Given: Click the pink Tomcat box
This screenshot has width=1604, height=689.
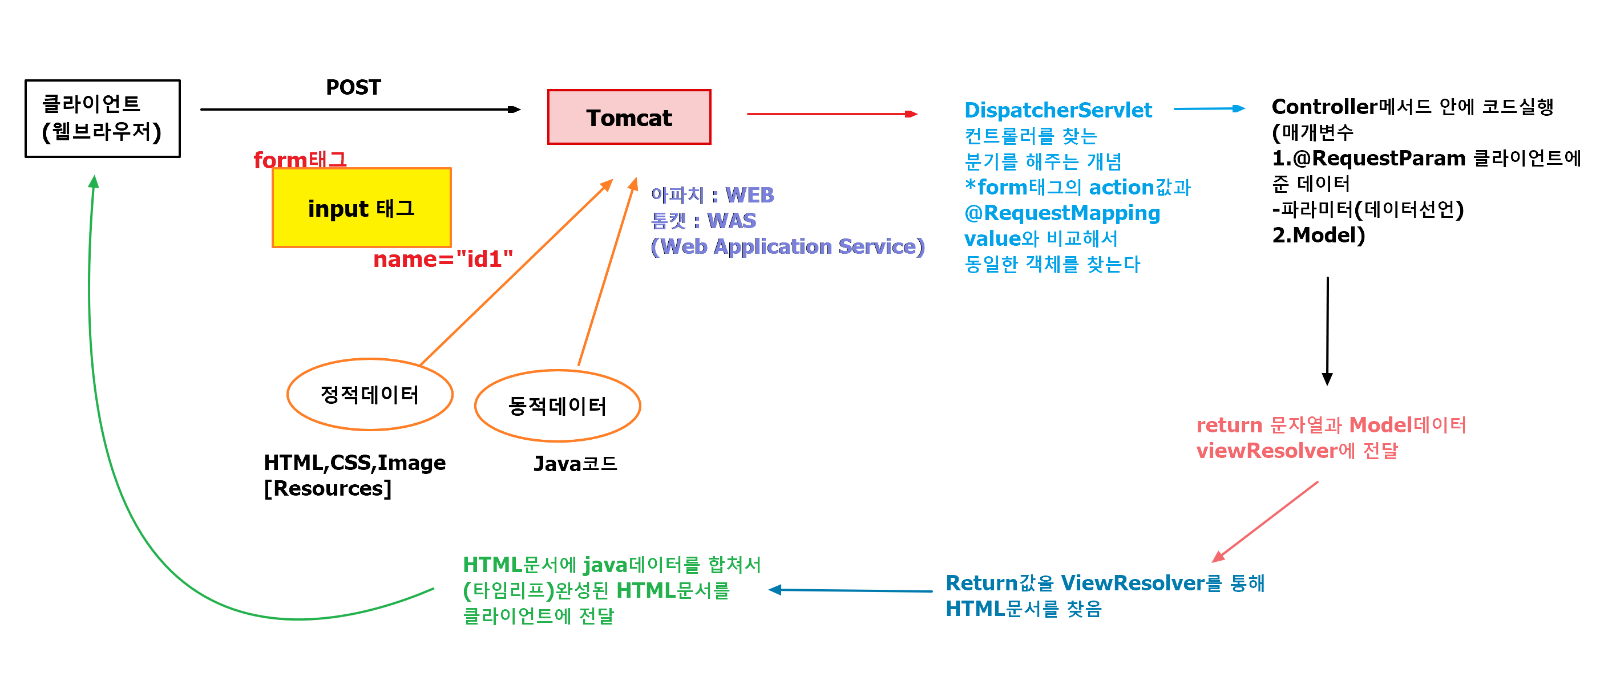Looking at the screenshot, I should click(x=629, y=117).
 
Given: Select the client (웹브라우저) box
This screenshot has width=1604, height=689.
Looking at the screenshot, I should click(x=102, y=118).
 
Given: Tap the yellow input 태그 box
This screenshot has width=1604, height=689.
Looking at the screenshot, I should click(x=361, y=208).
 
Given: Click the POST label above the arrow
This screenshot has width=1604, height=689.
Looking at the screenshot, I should click(x=353, y=87).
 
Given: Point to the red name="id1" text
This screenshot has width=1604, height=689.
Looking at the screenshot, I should click(x=443, y=259).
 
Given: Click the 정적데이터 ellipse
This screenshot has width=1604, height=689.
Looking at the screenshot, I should click(x=370, y=395).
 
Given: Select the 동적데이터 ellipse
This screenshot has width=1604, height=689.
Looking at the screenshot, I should click(x=557, y=406).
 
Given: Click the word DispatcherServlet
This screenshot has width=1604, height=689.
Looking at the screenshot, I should click(x=1058, y=110).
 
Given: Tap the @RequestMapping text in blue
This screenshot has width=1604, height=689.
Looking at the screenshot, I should click(x=1062, y=213).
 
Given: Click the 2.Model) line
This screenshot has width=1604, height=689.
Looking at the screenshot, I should click(x=1318, y=235).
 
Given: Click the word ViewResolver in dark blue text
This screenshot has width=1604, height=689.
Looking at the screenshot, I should click(x=1133, y=583).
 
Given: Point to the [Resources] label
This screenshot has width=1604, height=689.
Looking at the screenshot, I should click(x=328, y=489).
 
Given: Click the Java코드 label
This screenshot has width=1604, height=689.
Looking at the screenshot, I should click(x=575, y=464).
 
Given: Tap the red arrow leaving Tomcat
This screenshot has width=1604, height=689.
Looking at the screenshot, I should click(x=831, y=114).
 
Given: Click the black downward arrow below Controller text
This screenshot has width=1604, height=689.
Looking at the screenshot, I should click(x=1327, y=330).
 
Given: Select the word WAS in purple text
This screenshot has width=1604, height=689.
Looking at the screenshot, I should click(x=732, y=221).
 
